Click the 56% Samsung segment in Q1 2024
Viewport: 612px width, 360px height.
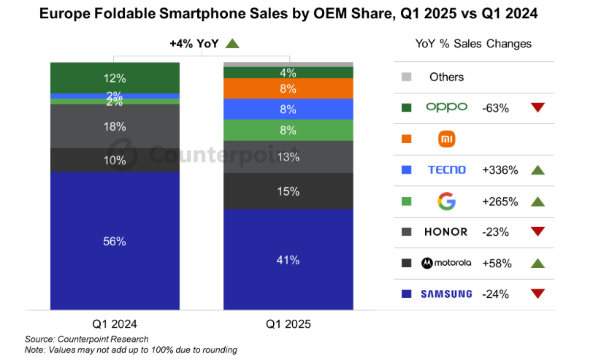115,241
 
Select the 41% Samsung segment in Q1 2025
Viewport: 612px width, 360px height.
288,259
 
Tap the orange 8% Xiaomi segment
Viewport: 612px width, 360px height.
288,88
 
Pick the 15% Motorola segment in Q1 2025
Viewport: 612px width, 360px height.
288,191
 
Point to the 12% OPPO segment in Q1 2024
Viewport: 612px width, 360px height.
115,77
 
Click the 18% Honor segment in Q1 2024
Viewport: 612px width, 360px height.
115,126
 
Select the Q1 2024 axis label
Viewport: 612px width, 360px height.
115,323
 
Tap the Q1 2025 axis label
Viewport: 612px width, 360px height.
288,323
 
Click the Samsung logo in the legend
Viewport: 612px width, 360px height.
446,294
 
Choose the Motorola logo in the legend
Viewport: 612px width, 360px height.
446,263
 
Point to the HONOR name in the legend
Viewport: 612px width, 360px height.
446,232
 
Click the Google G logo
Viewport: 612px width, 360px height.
446,201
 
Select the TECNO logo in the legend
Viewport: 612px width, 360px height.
446,170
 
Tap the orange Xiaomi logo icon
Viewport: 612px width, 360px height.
446,139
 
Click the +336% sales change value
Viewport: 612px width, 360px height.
500,170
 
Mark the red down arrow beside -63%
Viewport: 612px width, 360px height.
538,107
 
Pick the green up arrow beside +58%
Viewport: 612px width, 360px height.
538,263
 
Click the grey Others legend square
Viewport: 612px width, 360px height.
407,77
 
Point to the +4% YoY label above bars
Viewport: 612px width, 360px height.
194,44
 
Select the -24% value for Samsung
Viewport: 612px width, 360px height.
496,294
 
